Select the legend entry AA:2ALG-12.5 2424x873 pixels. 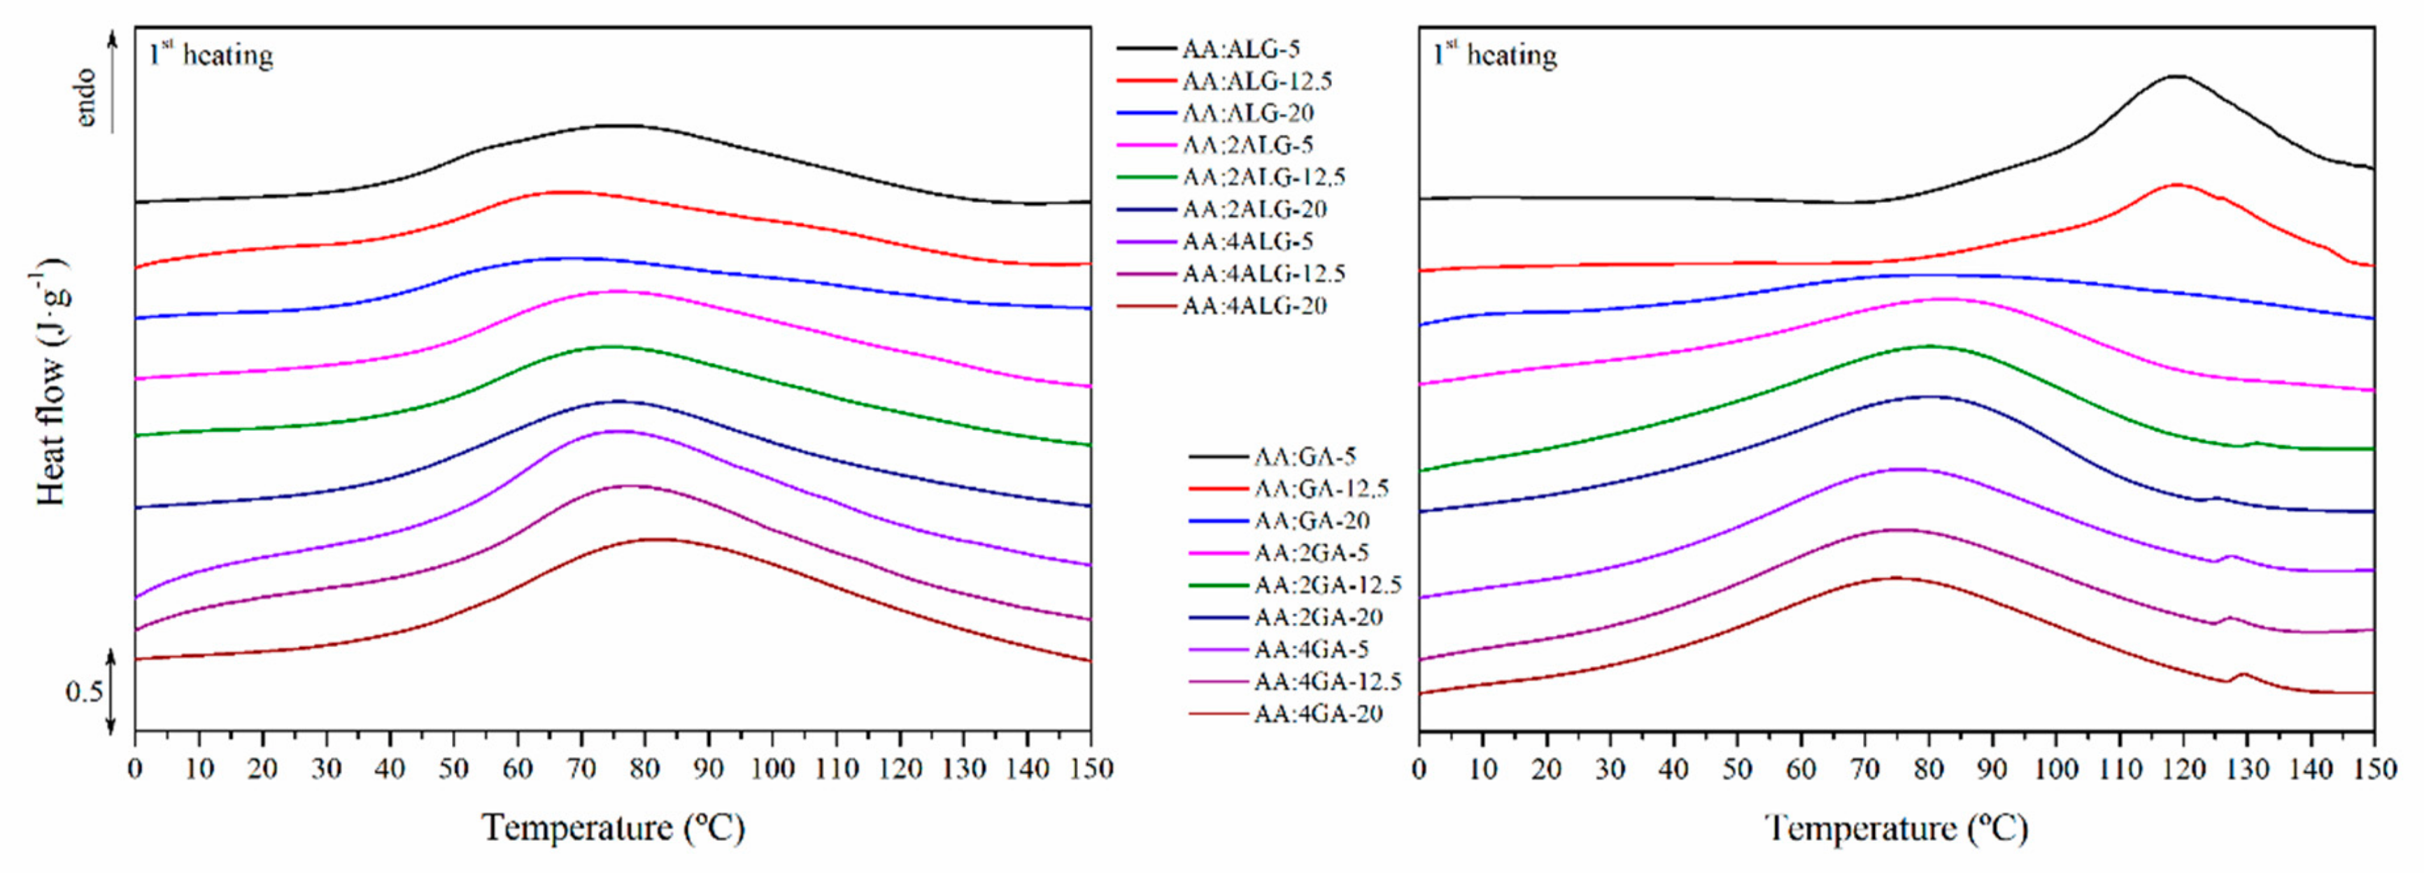(1263, 177)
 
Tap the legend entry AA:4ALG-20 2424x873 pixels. (1254, 306)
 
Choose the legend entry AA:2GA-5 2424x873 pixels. (1311, 552)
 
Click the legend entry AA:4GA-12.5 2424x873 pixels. (1327, 681)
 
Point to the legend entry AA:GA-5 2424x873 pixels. (1304, 457)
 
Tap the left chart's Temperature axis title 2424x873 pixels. (614, 828)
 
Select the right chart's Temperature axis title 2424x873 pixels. (1896, 828)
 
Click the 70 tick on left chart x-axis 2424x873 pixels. (581, 769)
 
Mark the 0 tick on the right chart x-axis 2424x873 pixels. (1419, 769)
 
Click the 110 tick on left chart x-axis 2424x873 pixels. (835, 769)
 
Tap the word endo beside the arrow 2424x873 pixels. (85, 97)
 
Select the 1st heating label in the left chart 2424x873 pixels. (211, 55)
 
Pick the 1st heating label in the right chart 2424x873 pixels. (1494, 55)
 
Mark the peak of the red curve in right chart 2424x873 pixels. (2176, 185)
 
